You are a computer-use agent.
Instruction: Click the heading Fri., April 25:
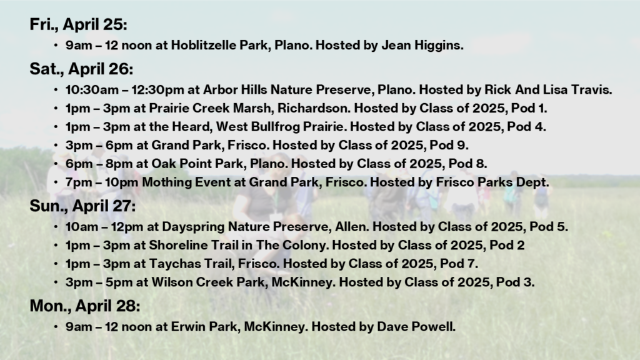tap(78, 25)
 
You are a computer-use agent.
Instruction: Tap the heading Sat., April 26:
tap(81, 69)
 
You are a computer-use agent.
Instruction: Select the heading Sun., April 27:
tap(82, 206)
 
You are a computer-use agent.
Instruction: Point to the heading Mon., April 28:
tap(85, 306)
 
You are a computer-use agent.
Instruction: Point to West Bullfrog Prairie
tap(280, 126)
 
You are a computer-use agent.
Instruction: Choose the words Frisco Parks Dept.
tap(492, 182)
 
